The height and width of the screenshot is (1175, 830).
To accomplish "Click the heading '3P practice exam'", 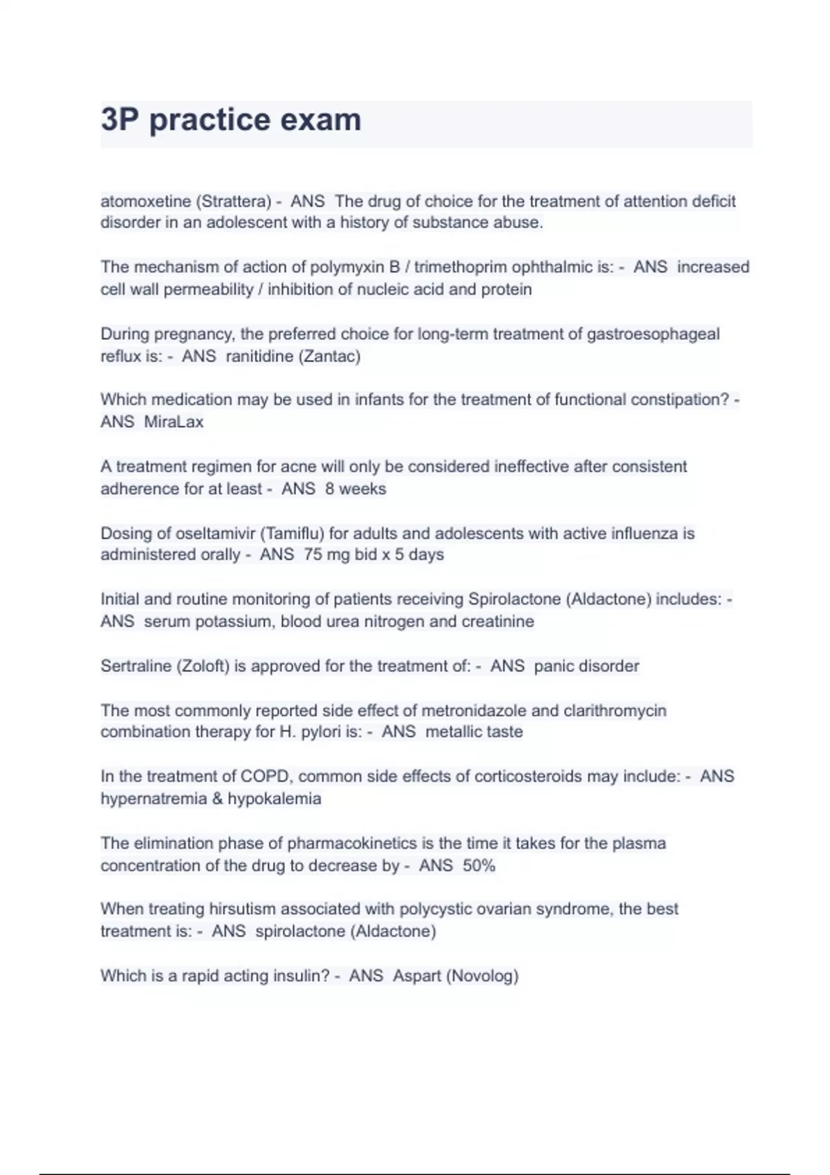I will (x=231, y=120).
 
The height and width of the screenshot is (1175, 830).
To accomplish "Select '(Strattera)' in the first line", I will (x=234, y=201).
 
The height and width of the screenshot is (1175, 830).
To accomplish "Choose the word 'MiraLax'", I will (x=174, y=422).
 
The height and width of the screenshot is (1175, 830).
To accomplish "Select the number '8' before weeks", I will (x=330, y=489).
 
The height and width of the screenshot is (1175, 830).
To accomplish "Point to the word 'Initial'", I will (x=120, y=599).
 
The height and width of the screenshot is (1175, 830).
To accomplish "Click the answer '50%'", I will (x=479, y=865).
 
